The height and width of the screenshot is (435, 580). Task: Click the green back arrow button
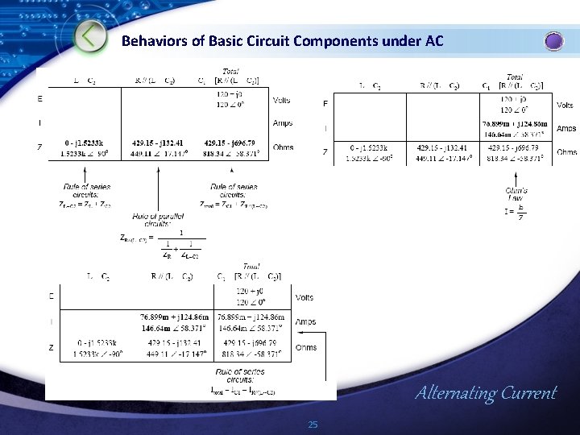(91, 36)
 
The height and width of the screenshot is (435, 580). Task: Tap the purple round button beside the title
(554, 41)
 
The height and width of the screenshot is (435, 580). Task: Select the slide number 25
(313, 425)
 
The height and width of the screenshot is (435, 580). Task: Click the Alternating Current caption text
(485, 393)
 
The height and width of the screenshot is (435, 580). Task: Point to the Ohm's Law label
(516, 193)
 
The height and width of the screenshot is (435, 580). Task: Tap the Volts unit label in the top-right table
(566, 106)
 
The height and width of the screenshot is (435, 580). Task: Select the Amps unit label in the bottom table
(306, 322)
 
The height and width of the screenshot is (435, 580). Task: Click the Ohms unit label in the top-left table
(283, 147)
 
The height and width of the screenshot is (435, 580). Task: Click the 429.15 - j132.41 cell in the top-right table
(438, 148)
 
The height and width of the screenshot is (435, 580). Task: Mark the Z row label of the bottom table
(52, 348)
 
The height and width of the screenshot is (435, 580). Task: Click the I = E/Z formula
(516, 213)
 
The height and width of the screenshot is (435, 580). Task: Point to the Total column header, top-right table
(513, 77)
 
